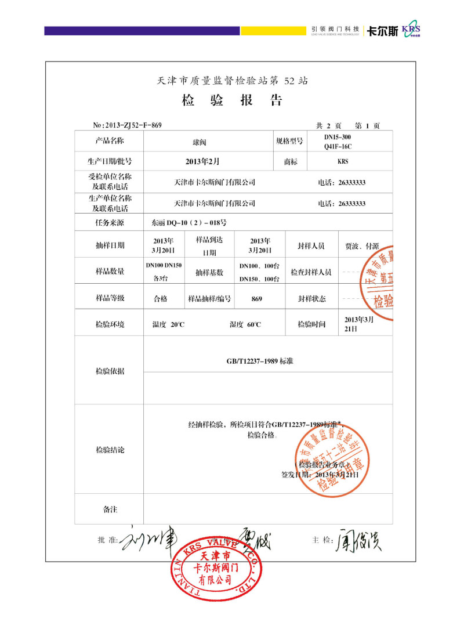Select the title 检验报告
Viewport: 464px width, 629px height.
pos(232,100)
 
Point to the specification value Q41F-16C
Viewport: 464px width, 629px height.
pos(338,147)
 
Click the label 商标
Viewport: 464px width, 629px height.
pos(291,162)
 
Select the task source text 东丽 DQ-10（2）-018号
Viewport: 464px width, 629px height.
pos(188,222)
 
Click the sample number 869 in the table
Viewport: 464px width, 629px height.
pos(257,299)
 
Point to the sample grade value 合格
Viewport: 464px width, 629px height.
pos(160,299)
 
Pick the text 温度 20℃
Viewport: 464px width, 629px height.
pos(168,324)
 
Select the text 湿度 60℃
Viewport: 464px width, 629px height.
pos(245,324)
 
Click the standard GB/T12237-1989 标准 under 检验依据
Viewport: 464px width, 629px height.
pos(260,361)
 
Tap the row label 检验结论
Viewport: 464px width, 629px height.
pos(110,450)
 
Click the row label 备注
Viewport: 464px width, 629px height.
pos(110,509)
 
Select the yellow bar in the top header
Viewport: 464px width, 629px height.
pos(273,30)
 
